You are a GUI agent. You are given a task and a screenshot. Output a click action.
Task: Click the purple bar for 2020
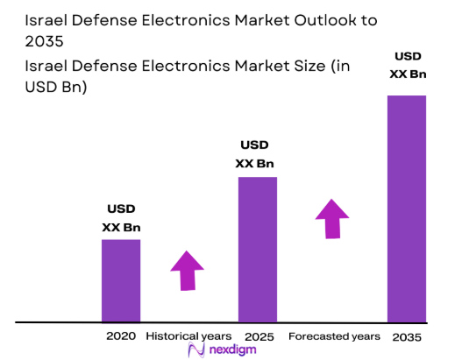[x=121, y=280]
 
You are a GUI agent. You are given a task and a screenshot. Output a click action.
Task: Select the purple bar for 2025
[x=258, y=250]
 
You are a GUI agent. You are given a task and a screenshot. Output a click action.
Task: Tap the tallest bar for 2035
[x=406, y=208]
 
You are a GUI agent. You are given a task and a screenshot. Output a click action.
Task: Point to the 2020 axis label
[x=121, y=336]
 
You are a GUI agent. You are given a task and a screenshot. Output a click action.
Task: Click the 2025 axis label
[x=258, y=336]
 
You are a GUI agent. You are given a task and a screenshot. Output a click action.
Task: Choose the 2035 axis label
[x=406, y=336]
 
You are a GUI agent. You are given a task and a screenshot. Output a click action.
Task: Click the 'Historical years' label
[x=188, y=336]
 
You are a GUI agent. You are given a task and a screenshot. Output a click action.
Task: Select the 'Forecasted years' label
[x=334, y=336]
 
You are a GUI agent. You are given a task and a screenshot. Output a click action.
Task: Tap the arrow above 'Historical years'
[x=187, y=270]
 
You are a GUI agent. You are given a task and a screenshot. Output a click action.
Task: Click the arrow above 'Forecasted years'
[x=332, y=218]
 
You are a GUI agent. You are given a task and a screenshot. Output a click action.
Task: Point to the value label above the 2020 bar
[x=121, y=218]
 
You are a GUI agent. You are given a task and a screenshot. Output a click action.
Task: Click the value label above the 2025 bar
[x=258, y=154]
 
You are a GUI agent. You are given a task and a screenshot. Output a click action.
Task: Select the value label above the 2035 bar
[x=406, y=66]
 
